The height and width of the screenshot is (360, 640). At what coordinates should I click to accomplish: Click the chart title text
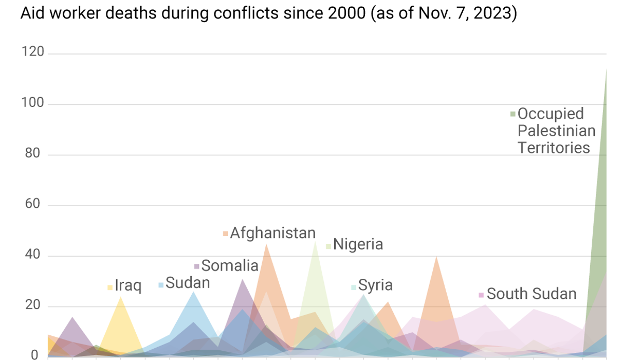(268, 13)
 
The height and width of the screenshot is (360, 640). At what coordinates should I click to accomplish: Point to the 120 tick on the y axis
(32, 53)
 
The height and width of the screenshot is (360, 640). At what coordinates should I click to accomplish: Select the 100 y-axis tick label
(32, 104)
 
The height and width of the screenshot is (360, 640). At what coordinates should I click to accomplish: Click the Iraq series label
(128, 286)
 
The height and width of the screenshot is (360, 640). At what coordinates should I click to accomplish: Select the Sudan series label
(187, 283)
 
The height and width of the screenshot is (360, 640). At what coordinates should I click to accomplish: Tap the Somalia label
(230, 266)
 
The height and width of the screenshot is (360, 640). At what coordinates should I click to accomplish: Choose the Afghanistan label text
(272, 233)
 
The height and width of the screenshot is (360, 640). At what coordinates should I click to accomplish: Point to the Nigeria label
(358, 244)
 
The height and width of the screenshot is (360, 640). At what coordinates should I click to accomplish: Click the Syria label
(375, 285)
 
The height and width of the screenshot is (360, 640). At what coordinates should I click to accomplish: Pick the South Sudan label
(532, 294)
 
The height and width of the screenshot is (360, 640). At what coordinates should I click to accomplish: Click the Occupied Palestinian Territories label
(556, 131)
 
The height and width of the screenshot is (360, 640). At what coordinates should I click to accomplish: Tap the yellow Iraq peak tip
(121, 297)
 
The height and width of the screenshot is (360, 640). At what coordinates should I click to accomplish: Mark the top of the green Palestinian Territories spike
(606, 69)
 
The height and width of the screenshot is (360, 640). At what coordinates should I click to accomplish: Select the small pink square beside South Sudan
(481, 295)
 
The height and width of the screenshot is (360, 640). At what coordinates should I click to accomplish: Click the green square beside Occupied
(513, 114)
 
